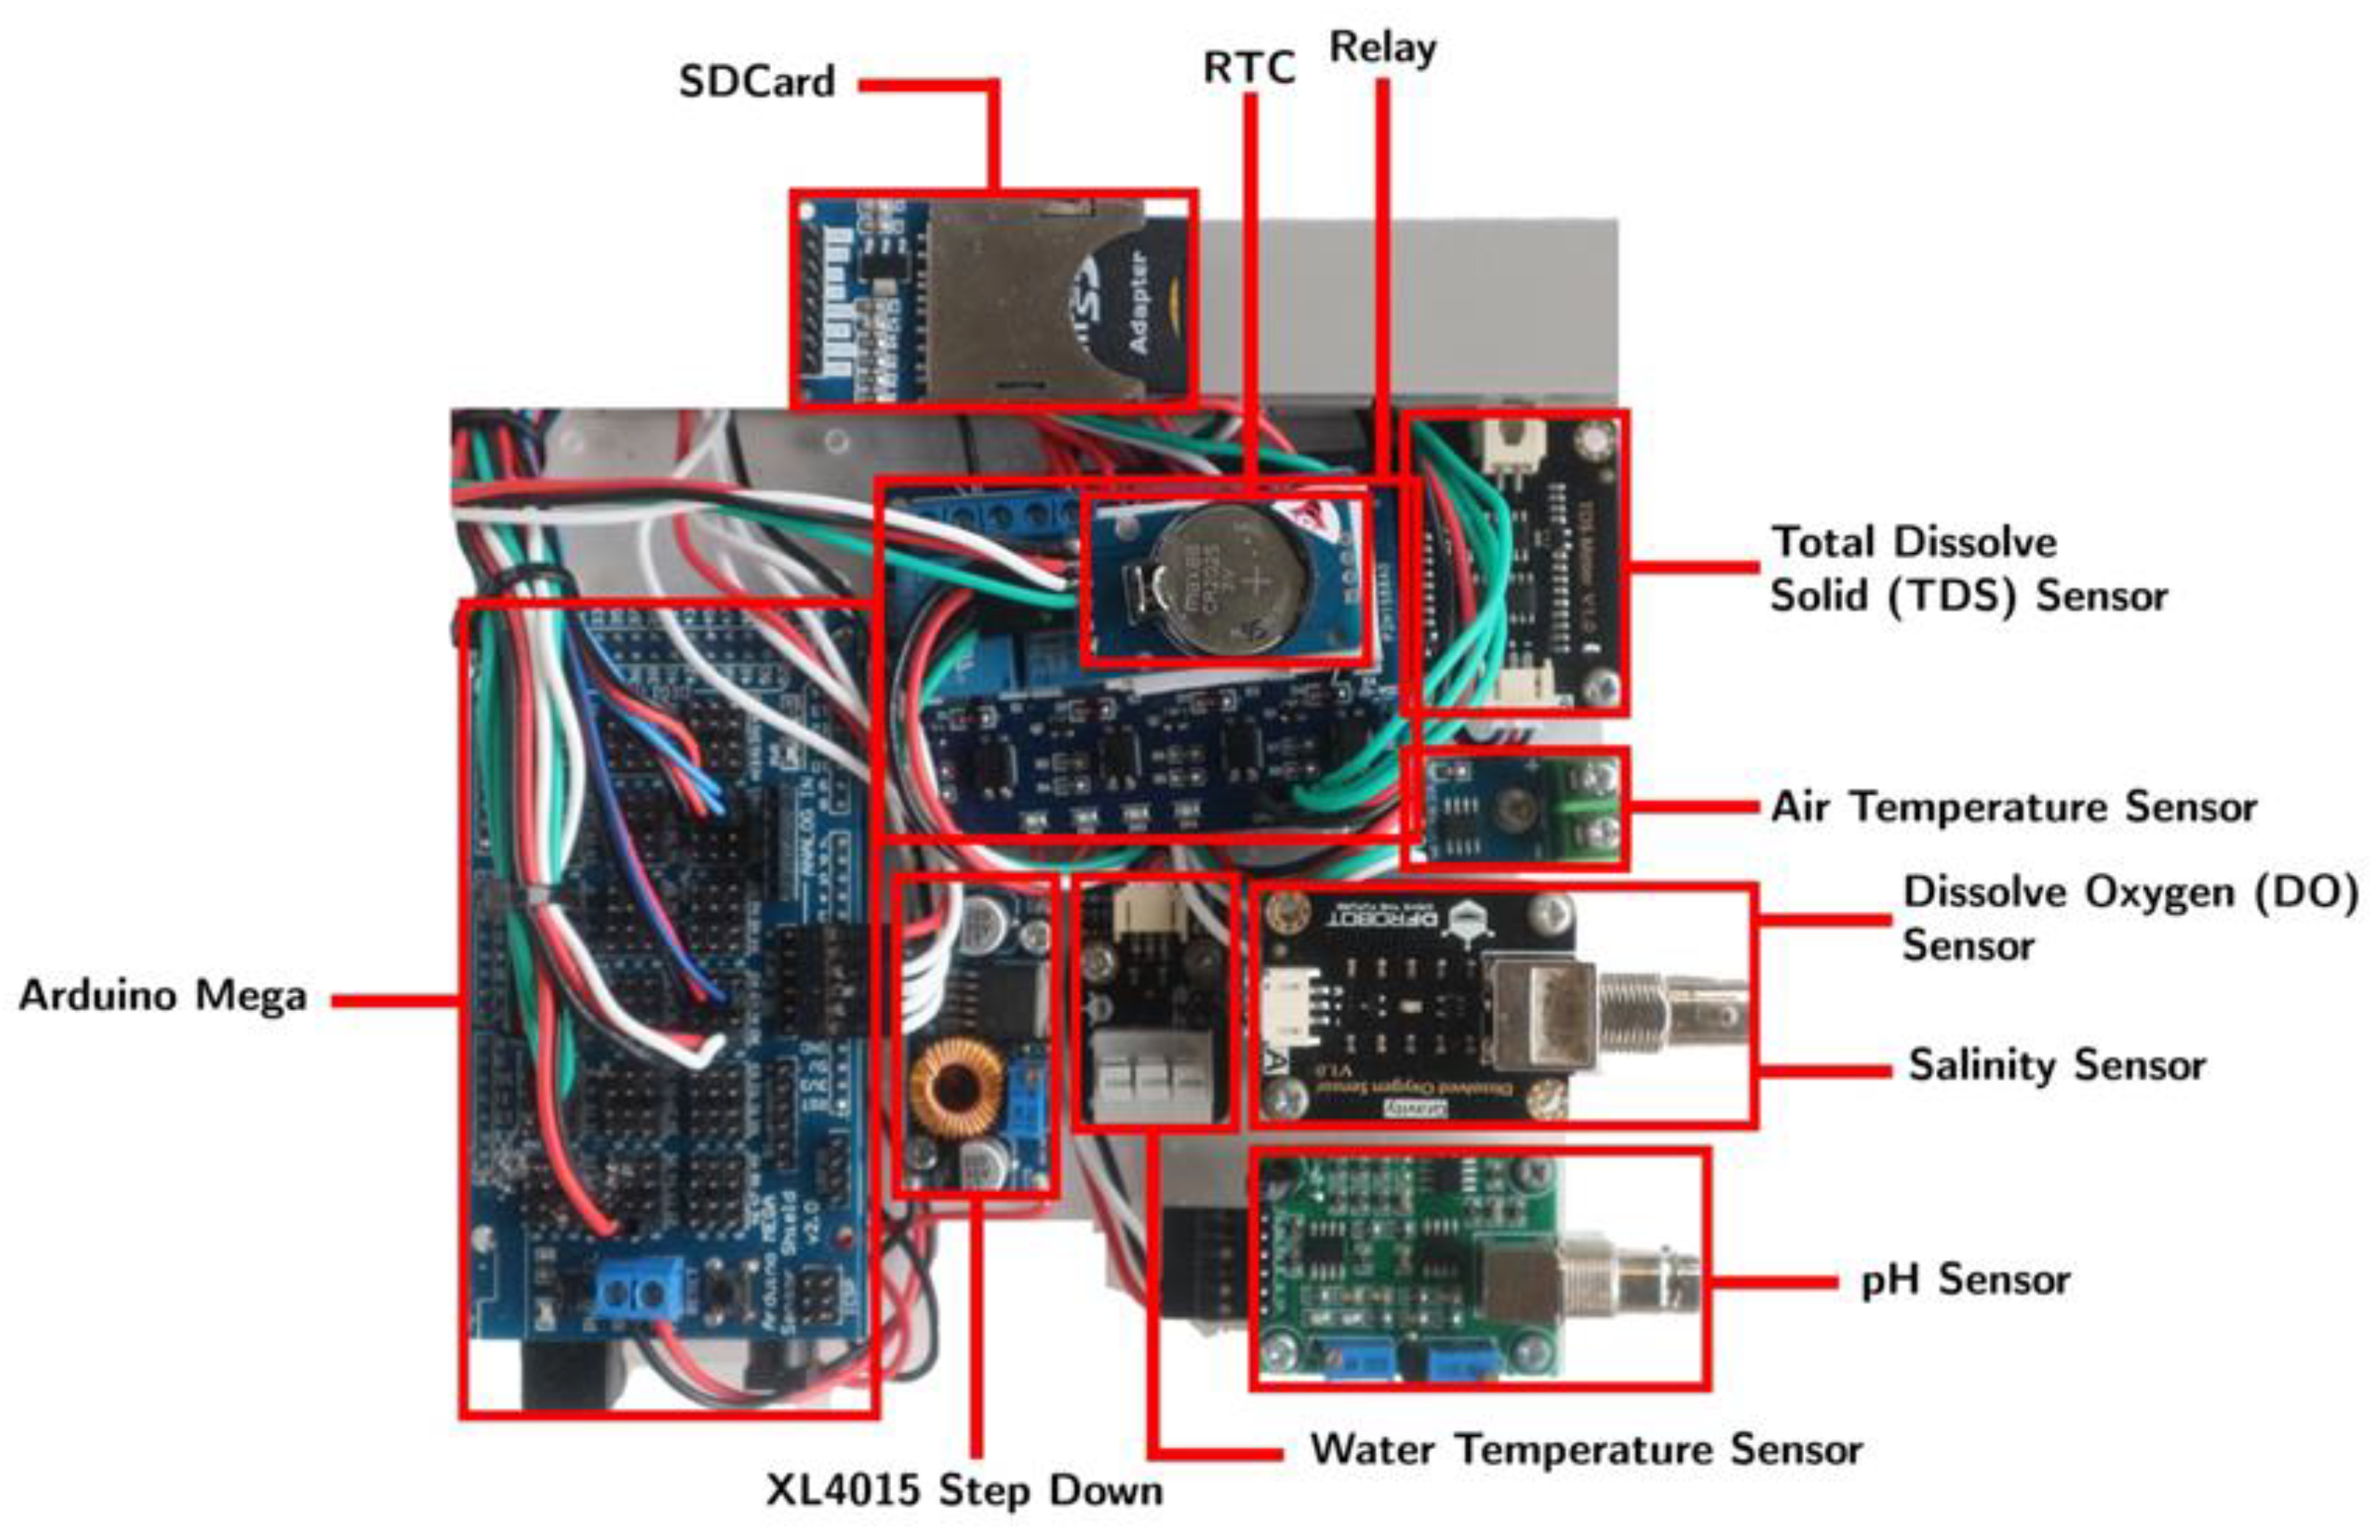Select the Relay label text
1382,48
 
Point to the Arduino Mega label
163,996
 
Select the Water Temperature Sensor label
1585,1449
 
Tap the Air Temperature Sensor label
2013,807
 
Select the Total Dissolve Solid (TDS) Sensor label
1968,570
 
